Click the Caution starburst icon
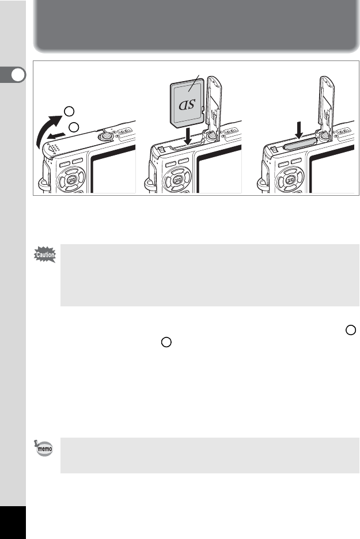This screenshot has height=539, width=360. point(45,255)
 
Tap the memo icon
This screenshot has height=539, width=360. point(44,448)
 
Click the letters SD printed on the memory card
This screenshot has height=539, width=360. point(187,104)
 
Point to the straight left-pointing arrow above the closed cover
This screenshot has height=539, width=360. point(56,135)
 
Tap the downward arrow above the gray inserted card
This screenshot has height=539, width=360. point(299,130)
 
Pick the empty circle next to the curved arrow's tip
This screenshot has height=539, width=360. point(69,111)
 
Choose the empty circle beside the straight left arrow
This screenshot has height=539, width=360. point(74,127)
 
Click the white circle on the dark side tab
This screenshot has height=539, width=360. point(18,75)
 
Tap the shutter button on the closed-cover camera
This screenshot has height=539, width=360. point(105,136)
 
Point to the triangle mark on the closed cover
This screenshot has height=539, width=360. point(51,149)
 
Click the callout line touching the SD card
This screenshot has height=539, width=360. point(194,83)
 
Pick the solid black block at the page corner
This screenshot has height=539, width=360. point(13,522)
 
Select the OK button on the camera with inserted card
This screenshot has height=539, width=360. point(290,180)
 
